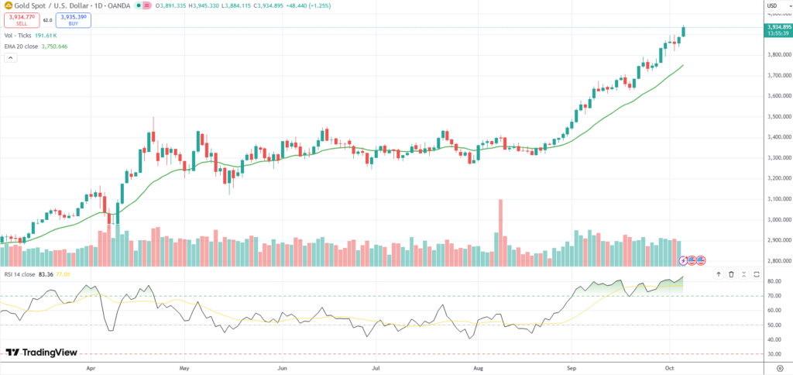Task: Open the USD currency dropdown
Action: click(x=771, y=6)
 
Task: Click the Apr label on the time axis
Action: click(x=91, y=363)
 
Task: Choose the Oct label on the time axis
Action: click(x=669, y=363)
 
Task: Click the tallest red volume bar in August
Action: click(x=500, y=225)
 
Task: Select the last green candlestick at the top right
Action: click(x=684, y=32)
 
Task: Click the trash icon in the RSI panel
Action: click(x=731, y=274)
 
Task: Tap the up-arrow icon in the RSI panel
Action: click(x=718, y=274)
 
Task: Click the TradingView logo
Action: click(x=42, y=353)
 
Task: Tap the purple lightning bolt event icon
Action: click(x=684, y=260)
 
